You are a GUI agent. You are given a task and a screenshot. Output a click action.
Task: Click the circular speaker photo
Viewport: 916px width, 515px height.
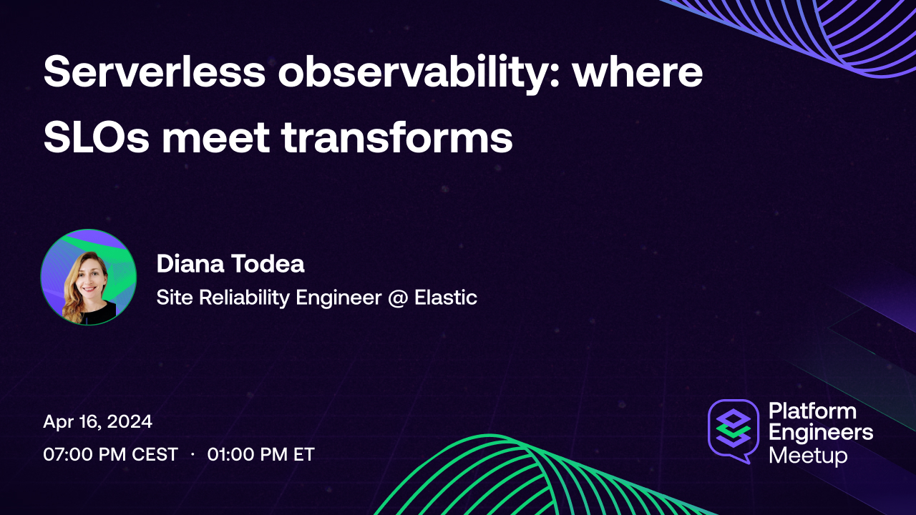89,278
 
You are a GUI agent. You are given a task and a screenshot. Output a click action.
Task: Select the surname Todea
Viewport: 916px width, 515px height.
268,264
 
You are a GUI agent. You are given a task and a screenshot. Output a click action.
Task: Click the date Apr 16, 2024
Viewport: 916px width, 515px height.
97,422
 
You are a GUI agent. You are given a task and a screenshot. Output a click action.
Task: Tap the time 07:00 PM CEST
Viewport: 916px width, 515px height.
110,454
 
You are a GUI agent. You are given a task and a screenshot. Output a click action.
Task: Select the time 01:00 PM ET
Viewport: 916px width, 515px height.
260,454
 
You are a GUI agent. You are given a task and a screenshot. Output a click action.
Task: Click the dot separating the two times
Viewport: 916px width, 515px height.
193,454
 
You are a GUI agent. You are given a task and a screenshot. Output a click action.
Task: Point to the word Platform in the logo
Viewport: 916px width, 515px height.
812,411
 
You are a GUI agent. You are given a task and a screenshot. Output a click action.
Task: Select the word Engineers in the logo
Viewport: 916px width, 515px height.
820,433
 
